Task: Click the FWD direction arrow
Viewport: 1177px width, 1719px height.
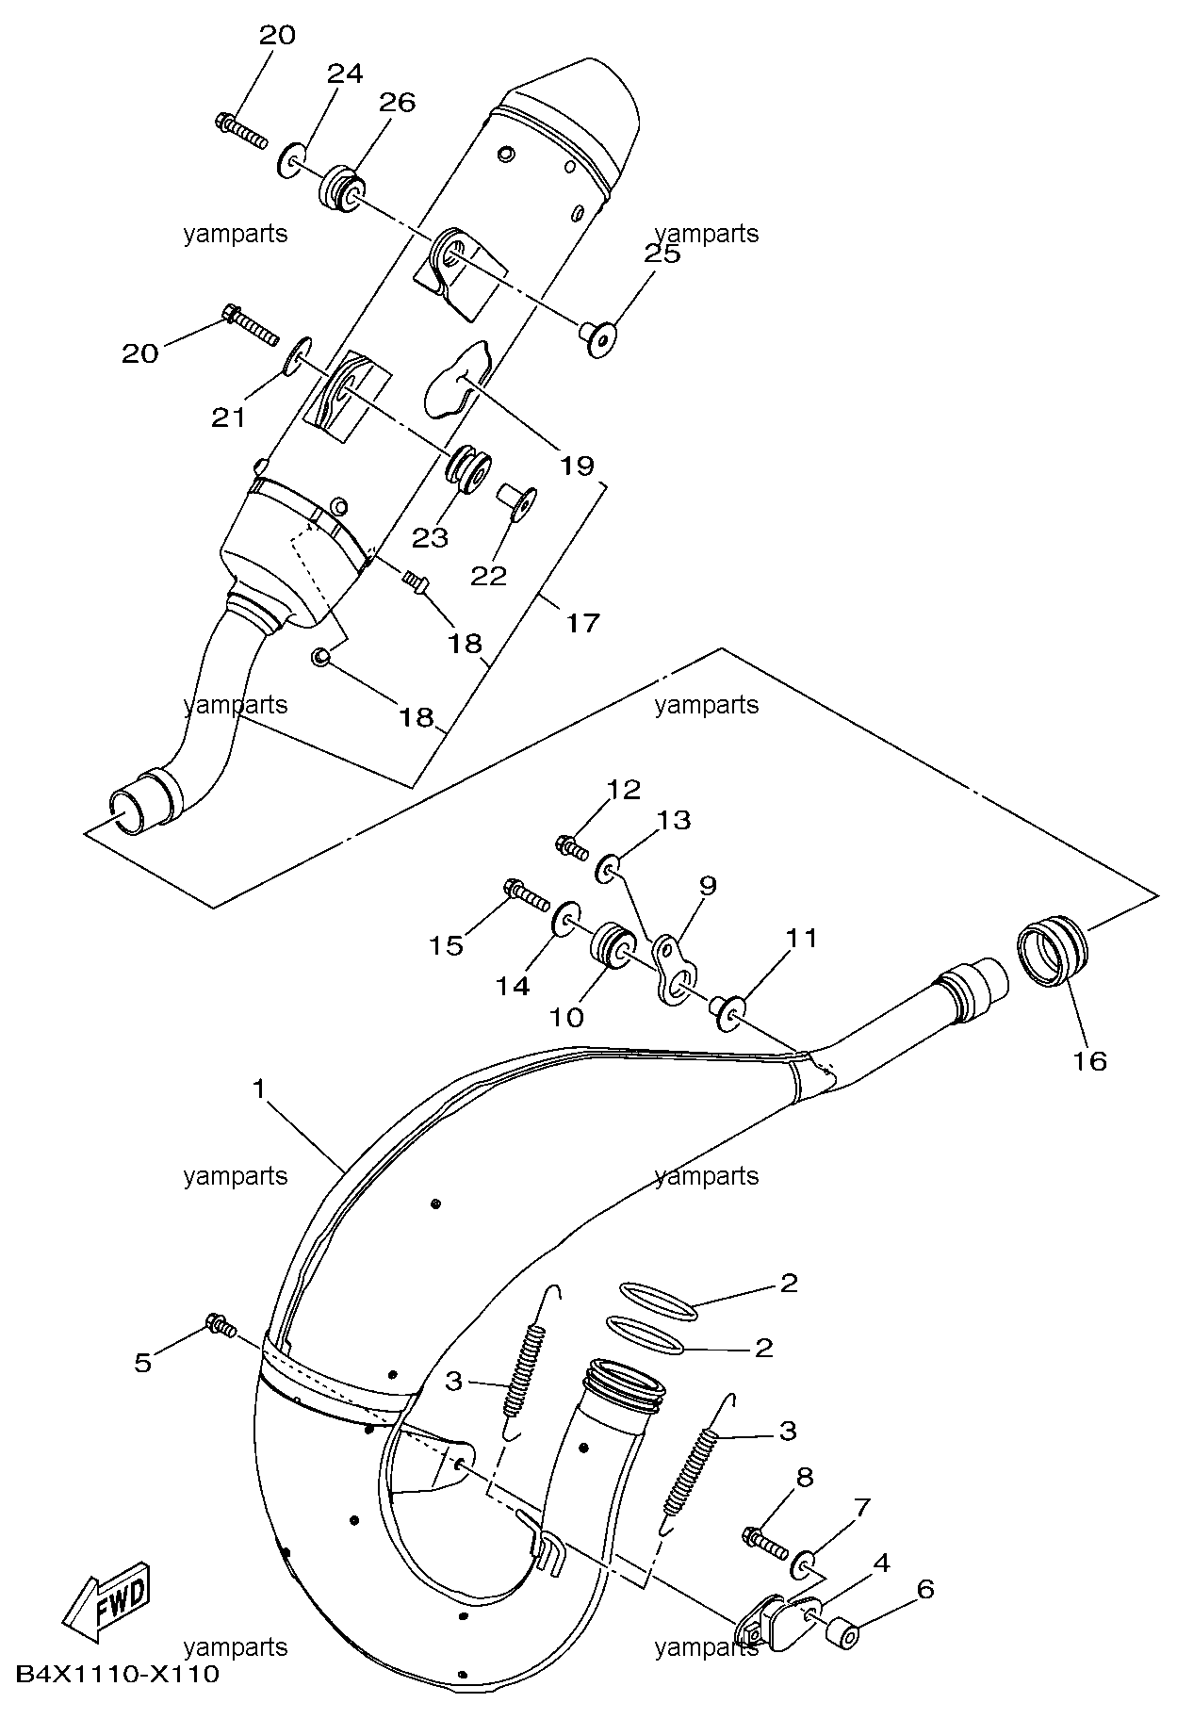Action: tap(106, 1596)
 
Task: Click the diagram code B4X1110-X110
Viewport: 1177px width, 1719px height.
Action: tap(117, 1674)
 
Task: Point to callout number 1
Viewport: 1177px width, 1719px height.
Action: tap(259, 1089)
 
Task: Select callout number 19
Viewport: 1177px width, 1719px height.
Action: tap(577, 465)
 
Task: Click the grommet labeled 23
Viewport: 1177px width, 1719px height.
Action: tap(468, 468)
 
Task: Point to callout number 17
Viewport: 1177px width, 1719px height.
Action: tap(583, 622)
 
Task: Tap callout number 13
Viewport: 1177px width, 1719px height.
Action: tap(674, 820)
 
